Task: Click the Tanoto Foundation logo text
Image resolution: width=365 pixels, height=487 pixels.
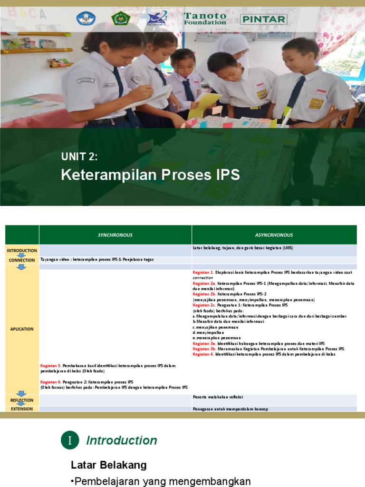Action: pos(205,19)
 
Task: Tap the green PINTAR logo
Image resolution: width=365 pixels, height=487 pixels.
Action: pos(264,19)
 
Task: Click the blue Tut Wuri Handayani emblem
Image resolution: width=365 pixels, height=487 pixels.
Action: pos(86,19)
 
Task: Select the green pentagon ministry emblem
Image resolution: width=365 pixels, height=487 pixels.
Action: pos(121,19)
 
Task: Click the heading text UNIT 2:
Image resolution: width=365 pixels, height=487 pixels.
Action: pos(79,157)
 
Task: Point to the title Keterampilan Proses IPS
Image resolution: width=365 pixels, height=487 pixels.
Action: pos(150,175)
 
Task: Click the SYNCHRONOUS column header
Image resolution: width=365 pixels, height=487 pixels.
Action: pos(115,235)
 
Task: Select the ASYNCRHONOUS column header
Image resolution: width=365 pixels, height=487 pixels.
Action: pos(274,235)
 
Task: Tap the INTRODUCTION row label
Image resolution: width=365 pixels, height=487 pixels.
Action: pos(22,251)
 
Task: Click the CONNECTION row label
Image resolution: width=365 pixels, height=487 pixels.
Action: pos(22,260)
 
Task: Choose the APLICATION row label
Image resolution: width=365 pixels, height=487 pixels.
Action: pos(22,329)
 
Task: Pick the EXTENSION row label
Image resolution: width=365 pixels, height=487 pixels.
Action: pos(22,409)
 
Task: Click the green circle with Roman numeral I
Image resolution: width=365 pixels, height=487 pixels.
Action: pos(70,440)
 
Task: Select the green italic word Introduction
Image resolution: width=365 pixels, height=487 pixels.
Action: pos(122,440)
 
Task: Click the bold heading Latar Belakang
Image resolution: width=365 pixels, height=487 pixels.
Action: pos(109,465)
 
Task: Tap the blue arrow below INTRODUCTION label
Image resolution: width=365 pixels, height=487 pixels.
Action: pos(21,255)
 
